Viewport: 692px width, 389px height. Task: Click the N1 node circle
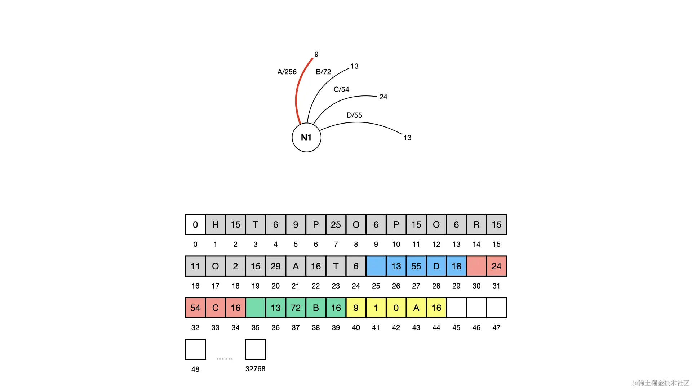(306, 138)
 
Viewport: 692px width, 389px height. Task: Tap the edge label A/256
(287, 72)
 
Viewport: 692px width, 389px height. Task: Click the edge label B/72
(323, 72)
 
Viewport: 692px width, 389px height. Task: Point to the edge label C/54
(341, 90)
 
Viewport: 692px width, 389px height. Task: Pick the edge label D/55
(354, 116)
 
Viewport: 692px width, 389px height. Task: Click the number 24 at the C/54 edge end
(383, 97)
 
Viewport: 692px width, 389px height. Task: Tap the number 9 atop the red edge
(316, 54)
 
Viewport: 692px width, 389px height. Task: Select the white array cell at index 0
(195, 225)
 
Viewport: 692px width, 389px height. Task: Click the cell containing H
(216, 225)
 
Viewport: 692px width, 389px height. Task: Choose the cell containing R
(476, 225)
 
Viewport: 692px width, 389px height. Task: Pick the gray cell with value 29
(276, 267)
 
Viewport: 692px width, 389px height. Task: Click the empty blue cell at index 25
(376, 267)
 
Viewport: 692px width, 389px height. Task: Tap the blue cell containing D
(436, 267)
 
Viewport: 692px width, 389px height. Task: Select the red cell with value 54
(195, 308)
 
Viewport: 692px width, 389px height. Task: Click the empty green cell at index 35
(256, 308)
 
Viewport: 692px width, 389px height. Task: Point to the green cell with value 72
(296, 308)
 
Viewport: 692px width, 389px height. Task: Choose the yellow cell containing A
(416, 308)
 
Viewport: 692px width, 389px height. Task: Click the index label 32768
(255, 369)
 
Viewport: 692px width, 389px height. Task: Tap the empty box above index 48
(195, 349)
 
